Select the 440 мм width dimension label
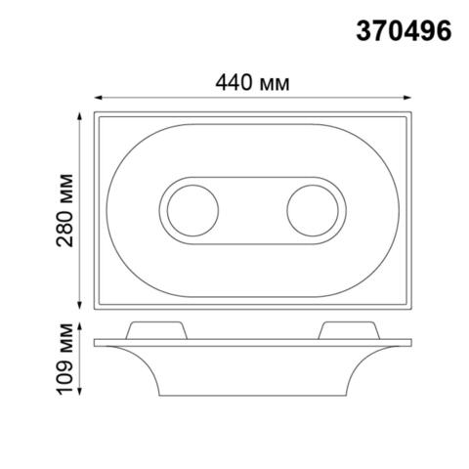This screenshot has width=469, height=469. (253, 84)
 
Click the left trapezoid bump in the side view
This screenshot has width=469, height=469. (153, 328)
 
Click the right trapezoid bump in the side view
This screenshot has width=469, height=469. (349, 328)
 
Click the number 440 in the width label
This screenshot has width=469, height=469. (233, 84)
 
